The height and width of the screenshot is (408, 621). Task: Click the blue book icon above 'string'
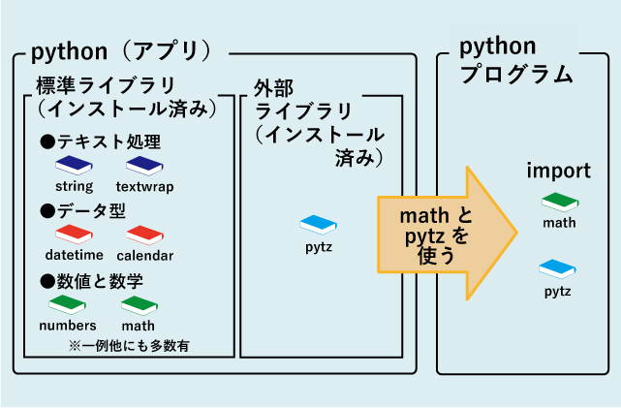[74, 165]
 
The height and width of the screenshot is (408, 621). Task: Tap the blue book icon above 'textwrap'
[144, 165]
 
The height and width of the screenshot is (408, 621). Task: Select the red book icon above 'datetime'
[74, 235]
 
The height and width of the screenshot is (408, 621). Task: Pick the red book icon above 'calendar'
[144, 235]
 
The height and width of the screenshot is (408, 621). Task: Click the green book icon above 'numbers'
[68, 304]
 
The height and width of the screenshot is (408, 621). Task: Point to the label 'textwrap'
[144, 186]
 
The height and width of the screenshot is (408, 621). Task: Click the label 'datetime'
[74, 256]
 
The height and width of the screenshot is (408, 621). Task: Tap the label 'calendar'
[144, 256]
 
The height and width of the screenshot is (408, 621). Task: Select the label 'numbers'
[68, 326]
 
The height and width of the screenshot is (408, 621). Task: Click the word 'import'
[558, 171]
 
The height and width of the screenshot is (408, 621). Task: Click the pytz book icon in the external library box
[318, 224]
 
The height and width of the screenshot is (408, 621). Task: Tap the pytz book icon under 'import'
[558, 267]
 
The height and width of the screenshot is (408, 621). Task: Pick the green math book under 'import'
[558, 203]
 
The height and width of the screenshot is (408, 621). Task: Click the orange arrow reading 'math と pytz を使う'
[441, 233]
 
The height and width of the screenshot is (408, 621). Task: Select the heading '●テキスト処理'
[100, 141]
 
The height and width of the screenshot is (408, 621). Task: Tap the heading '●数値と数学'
[91, 281]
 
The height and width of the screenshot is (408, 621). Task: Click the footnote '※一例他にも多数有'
[129, 345]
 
